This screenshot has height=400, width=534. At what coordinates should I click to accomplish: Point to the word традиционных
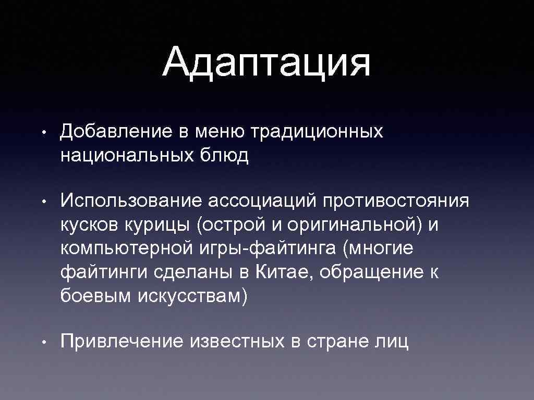point(317,132)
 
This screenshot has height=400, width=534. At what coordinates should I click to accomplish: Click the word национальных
point(127,156)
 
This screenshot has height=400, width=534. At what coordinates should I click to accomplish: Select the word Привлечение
point(122,342)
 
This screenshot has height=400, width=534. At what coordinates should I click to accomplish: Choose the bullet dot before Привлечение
point(46,342)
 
